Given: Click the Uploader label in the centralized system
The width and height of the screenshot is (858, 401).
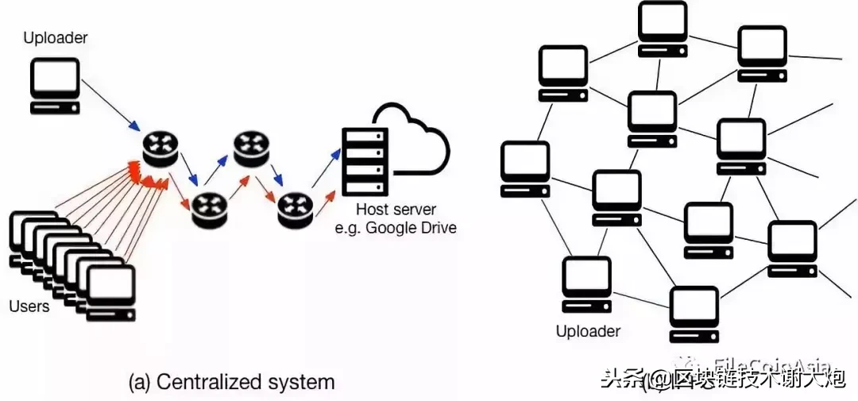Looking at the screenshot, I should [56, 37].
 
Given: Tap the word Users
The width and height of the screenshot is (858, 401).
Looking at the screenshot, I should [29, 306].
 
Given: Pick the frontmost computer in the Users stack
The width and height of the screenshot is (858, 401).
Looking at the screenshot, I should [110, 294].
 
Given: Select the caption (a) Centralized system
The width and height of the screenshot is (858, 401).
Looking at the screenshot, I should [231, 381].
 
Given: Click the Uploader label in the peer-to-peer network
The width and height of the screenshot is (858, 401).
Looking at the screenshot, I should [588, 331].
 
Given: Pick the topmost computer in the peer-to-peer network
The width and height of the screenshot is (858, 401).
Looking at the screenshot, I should [663, 28].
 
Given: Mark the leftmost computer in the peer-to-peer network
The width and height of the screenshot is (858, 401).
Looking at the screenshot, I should [525, 169].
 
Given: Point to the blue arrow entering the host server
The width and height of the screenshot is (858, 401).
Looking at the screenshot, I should [327, 172].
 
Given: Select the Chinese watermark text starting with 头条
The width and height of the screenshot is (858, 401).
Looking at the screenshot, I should [723, 380].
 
